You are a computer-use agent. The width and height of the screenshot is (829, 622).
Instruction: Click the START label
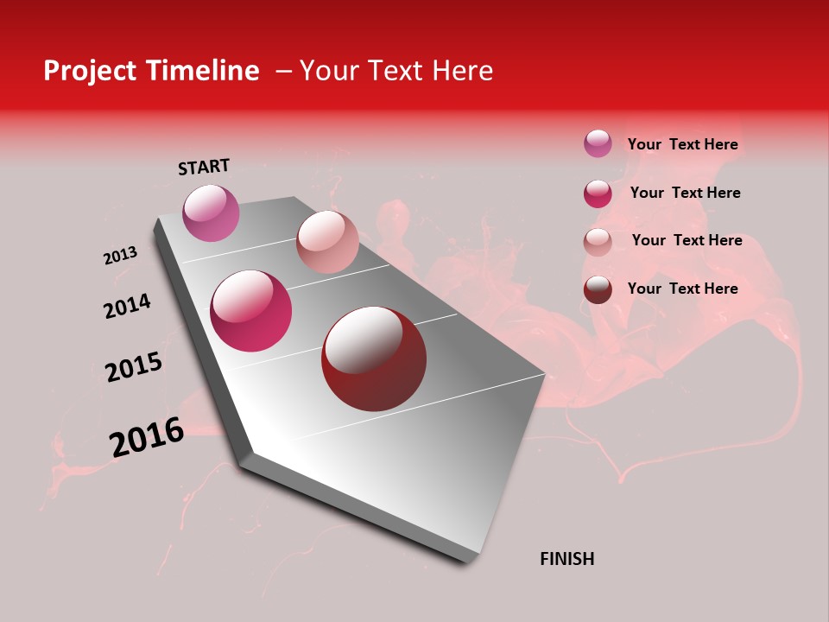coord(204,167)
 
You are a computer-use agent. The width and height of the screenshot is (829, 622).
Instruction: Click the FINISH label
coord(566,559)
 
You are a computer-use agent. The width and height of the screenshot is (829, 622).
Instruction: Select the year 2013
coord(121,256)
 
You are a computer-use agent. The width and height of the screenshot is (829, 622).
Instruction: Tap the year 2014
coord(127,306)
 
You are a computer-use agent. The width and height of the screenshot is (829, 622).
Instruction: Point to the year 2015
coord(134,367)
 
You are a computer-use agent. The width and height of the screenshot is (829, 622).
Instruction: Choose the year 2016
coord(147,437)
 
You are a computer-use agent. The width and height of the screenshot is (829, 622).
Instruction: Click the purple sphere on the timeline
coord(211,213)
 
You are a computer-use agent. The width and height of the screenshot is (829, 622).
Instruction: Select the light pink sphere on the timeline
coord(327,242)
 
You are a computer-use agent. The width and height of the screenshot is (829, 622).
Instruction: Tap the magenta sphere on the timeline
coord(251,311)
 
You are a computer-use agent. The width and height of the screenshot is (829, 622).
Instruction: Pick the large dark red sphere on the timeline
coord(374,359)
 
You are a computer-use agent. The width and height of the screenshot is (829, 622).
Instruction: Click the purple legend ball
coord(598,143)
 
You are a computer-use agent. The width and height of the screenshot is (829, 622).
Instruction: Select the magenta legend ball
coord(598,194)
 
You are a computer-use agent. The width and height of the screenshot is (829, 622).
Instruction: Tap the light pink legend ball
coord(598,242)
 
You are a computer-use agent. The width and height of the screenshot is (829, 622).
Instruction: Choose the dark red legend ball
coord(598,289)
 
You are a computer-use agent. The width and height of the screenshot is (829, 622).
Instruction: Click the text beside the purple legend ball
coord(682,144)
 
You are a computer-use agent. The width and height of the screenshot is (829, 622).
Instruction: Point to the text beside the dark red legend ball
coord(682,289)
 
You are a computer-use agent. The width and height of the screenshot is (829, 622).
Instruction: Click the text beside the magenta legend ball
coord(685,193)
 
